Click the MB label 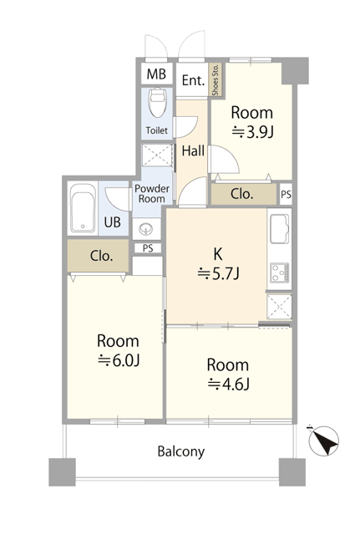(x=156, y=74)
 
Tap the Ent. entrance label (x=193, y=80)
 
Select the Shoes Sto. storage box (x=215, y=79)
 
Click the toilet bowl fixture (x=157, y=103)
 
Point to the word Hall (x=193, y=150)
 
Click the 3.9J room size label (x=252, y=132)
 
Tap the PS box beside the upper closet (x=286, y=194)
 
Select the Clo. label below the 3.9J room (x=241, y=194)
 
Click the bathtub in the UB (x=83, y=208)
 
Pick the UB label (x=112, y=222)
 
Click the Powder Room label (x=152, y=193)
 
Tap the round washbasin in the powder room (x=147, y=228)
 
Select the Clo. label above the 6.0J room (x=101, y=256)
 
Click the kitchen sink (x=280, y=228)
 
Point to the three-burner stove (x=280, y=273)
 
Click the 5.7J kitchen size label (x=219, y=273)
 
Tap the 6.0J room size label (x=119, y=360)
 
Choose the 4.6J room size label (x=228, y=385)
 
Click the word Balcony (x=181, y=451)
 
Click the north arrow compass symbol (x=323, y=441)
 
